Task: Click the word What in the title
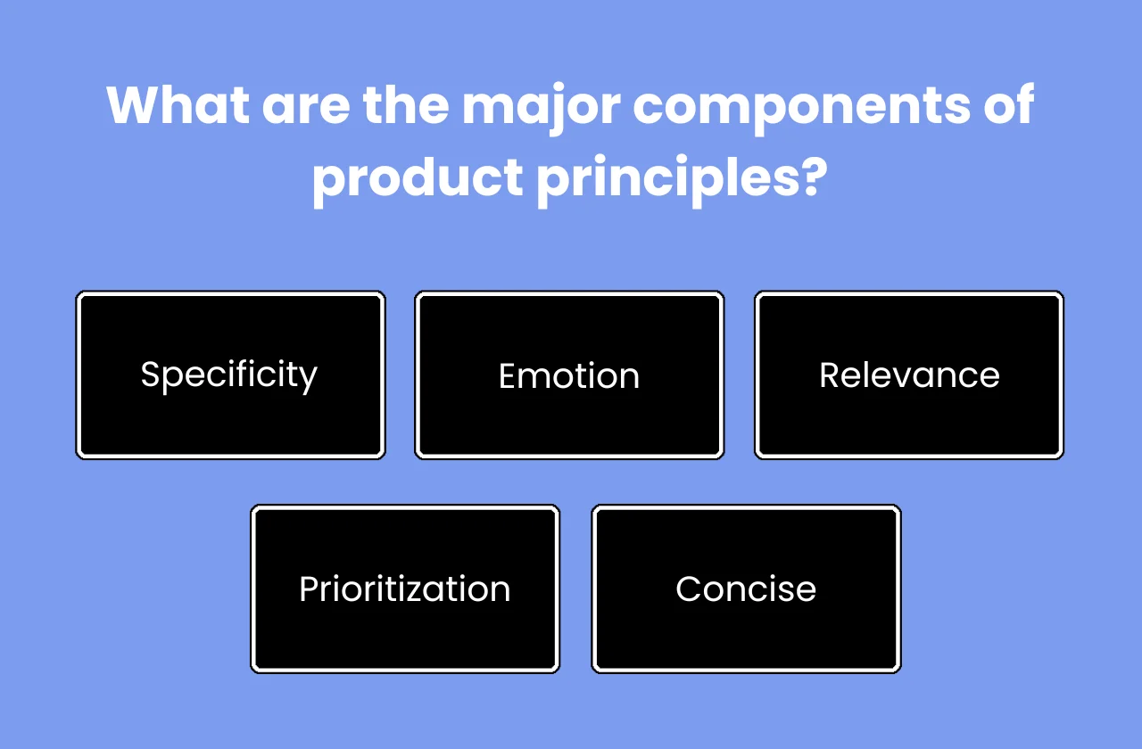177,105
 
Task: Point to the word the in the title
405,105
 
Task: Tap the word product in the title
417,178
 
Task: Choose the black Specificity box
230,374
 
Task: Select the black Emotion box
569,374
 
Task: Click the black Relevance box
909,374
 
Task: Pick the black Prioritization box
404,588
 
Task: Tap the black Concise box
746,588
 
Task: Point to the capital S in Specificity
151,374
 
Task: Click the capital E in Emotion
508,376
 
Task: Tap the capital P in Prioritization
309,589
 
